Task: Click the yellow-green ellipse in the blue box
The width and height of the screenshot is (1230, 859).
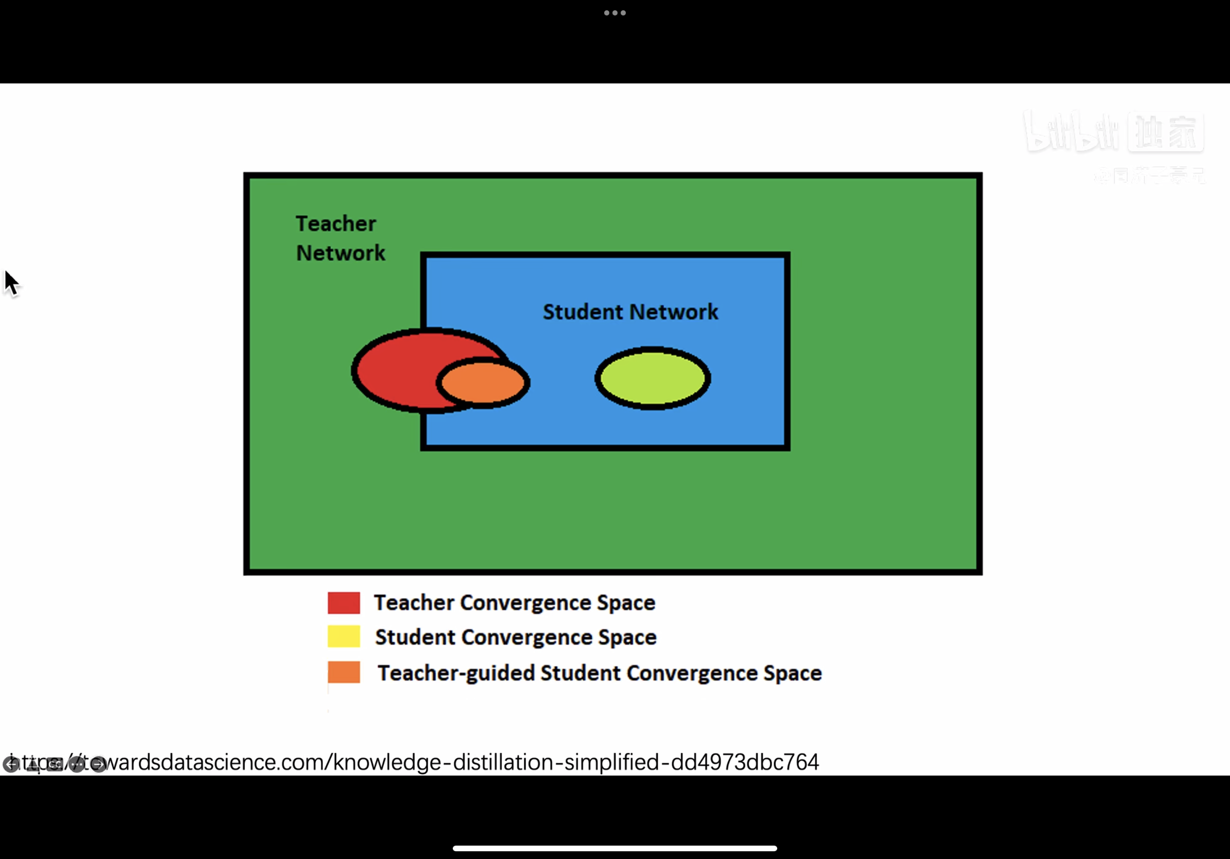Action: click(x=653, y=379)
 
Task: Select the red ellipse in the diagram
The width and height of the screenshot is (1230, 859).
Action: click(x=397, y=370)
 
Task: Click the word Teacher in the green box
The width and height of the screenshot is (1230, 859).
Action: click(x=336, y=224)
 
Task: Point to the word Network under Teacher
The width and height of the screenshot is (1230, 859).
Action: click(x=340, y=253)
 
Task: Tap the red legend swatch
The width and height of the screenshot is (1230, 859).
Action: click(x=344, y=603)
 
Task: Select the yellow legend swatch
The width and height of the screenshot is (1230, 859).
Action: click(x=344, y=637)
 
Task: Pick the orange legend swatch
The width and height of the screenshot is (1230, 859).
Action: click(x=344, y=672)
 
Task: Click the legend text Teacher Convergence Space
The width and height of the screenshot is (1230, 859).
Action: click(x=514, y=603)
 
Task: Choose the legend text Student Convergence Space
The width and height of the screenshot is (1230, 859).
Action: click(x=516, y=637)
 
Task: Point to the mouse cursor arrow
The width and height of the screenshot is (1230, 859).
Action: click(x=11, y=282)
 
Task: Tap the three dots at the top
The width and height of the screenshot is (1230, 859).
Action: click(x=615, y=13)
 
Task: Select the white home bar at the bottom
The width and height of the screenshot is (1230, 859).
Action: click(x=615, y=848)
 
